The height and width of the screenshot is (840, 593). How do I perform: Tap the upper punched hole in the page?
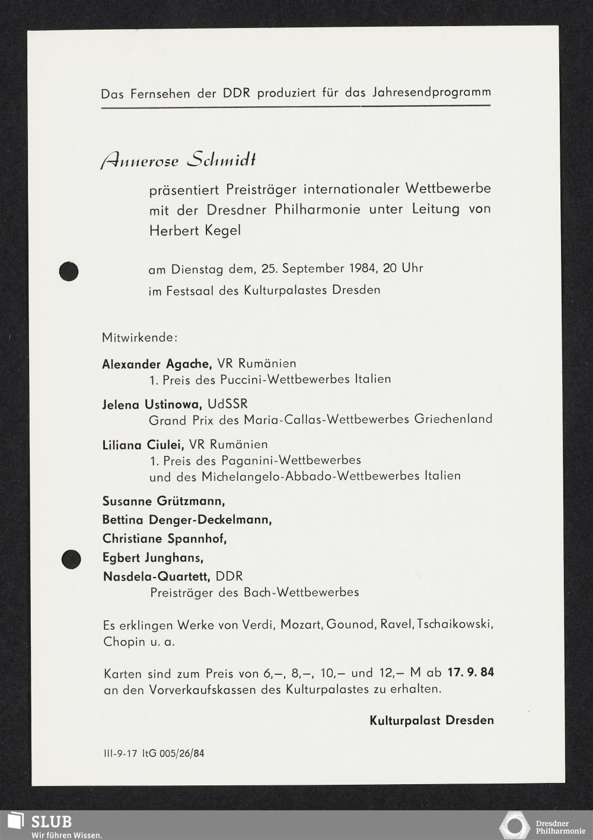(x=69, y=271)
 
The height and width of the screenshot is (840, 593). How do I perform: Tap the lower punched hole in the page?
(x=71, y=559)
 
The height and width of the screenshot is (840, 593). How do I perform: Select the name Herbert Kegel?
(x=195, y=230)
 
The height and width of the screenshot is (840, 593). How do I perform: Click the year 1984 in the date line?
(x=360, y=268)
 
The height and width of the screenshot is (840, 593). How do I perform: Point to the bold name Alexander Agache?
(x=157, y=363)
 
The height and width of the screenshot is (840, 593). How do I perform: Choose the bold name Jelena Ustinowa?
(x=152, y=404)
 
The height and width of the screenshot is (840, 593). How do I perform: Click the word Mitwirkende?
(x=139, y=338)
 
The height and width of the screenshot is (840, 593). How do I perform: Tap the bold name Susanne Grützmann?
(x=163, y=500)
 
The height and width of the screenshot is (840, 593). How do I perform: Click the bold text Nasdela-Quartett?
(x=156, y=576)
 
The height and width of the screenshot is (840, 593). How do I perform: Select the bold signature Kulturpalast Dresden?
(x=431, y=720)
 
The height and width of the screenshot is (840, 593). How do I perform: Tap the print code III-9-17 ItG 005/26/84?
(x=153, y=754)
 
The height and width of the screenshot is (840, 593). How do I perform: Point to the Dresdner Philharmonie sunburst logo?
(x=514, y=826)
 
